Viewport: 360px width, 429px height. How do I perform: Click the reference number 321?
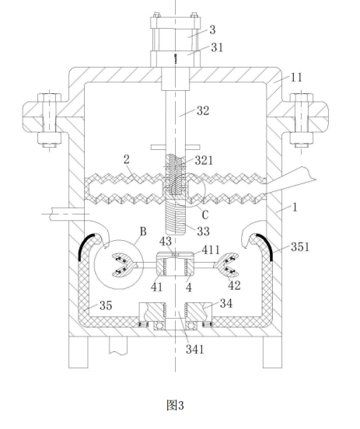[x=204, y=160]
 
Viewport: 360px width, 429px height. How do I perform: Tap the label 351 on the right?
[x=300, y=247]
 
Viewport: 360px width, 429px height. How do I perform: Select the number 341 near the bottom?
[x=195, y=349]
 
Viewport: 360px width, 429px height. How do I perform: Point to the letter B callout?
[x=143, y=232]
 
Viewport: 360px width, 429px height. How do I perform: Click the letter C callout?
[x=205, y=215]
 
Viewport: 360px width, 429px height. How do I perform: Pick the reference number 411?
[x=211, y=249]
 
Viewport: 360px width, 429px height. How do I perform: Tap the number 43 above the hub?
[x=166, y=241]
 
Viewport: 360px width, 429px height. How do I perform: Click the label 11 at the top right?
[x=296, y=78]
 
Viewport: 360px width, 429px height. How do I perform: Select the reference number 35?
[x=106, y=305]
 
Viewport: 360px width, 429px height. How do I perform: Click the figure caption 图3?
[x=175, y=405]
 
